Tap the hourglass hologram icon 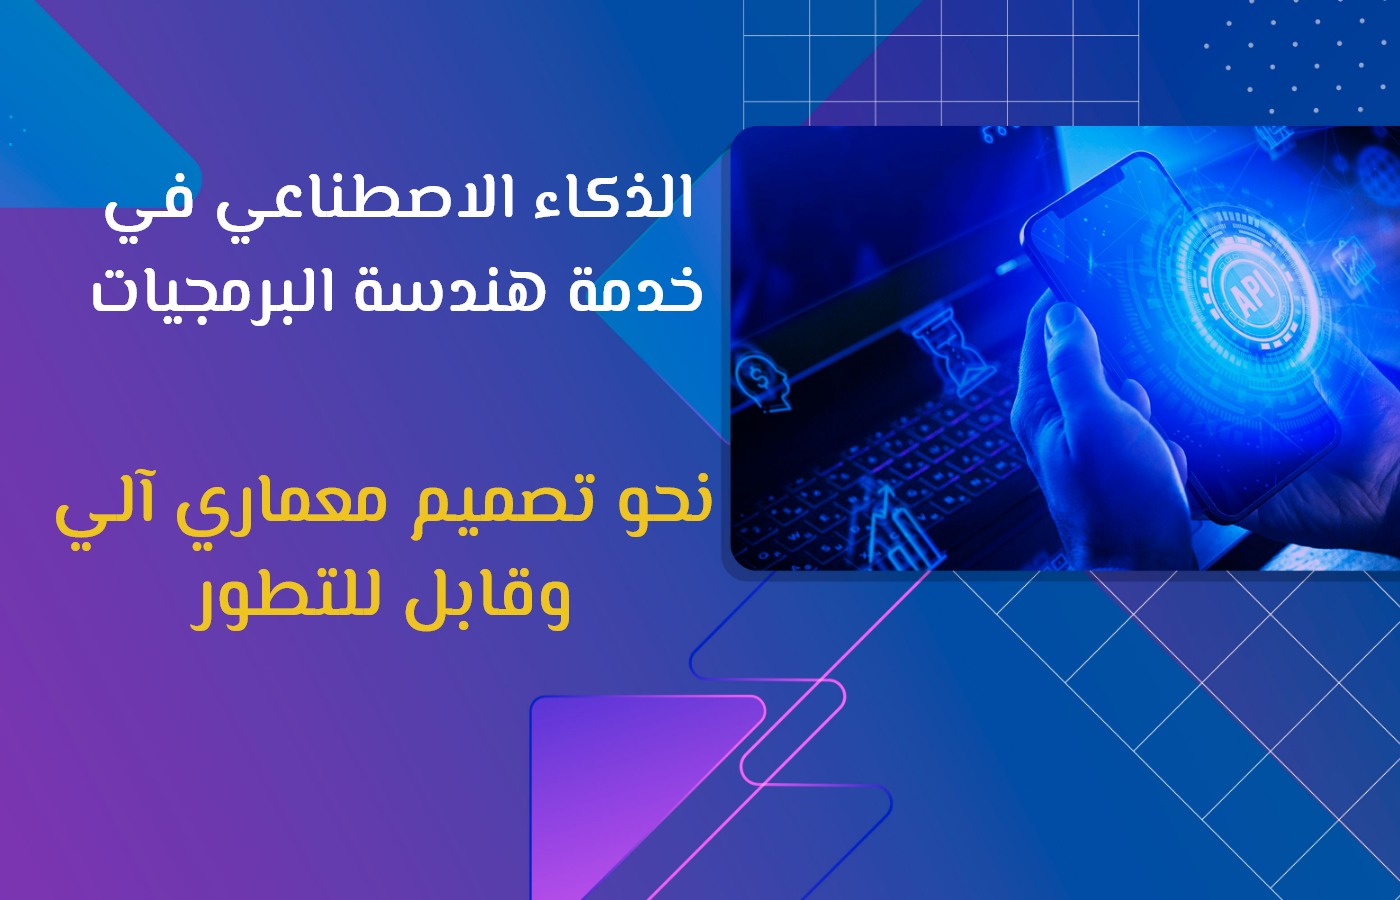coord(952,350)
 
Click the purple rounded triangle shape coord(619,781)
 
